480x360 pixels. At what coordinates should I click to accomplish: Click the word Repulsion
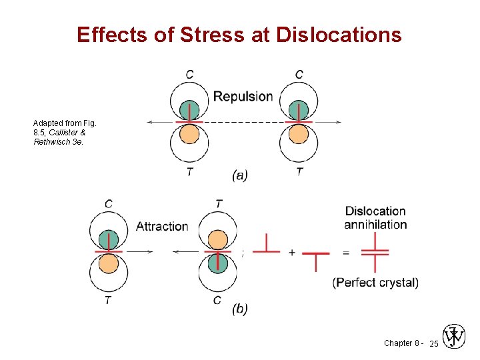pyautogui.click(x=243, y=97)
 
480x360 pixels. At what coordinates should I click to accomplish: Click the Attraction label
pyautogui.click(x=162, y=227)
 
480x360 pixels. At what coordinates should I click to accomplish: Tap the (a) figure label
pyautogui.click(x=240, y=175)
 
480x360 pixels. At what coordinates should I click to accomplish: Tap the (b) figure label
pyautogui.click(x=240, y=309)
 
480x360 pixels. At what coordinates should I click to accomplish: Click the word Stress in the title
pyautogui.click(x=213, y=34)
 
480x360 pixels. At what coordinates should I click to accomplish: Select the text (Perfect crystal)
pyautogui.click(x=375, y=283)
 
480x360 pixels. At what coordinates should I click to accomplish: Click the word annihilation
pyautogui.click(x=375, y=225)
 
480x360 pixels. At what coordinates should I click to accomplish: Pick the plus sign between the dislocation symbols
pyautogui.click(x=292, y=252)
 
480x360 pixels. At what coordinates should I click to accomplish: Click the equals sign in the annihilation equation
pyautogui.click(x=345, y=252)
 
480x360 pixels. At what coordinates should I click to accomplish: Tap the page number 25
pyautogui.click(x=433, y=343)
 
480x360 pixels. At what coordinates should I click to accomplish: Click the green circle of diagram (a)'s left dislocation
pyautogui.click(x=189, y=110)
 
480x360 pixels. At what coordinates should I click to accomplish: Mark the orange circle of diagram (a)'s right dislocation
pyautogui.click(x=299, y=135)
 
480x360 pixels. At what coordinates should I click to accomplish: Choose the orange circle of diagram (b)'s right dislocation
pyautogui.click(x=217, y=239)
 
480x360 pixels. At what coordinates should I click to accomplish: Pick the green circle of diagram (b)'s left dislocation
pyautogui.click(x=108, y=239)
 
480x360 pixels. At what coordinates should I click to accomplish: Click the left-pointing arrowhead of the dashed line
pyautogui.click(x=151, y=122)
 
